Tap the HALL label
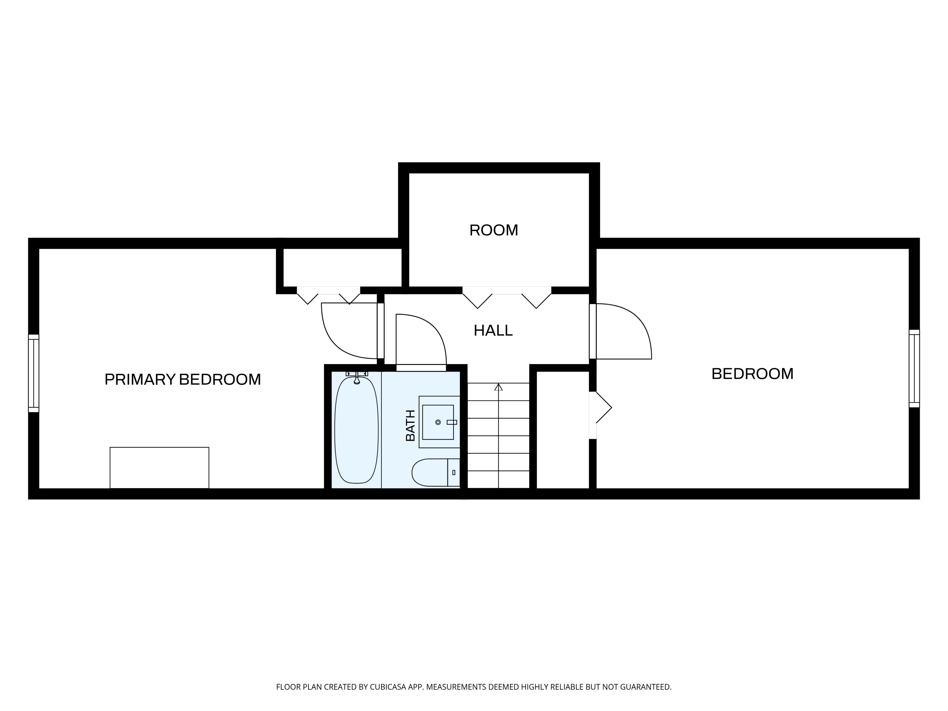(x=493, y=331)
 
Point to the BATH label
(x=410, y=425)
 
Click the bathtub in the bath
(x=356, y=430)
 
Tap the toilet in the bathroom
(x=436, y=472)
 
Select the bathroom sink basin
(x=438, y=422)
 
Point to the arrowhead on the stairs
(x=498, y=387)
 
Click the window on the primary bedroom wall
(x=34, y=373)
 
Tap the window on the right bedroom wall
(x=914, y=368)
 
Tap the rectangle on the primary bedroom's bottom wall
(x=160, y=468)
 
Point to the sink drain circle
(x=438, y=422)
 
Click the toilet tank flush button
(x=454, y=472)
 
